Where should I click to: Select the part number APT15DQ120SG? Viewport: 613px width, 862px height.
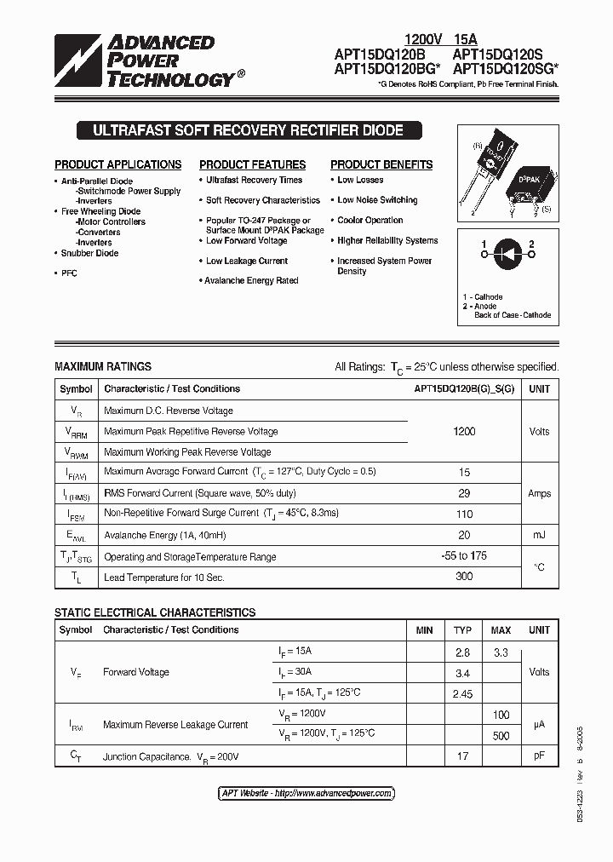pyautogui.click(x=505, y=68)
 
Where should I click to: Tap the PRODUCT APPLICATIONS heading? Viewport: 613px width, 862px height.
pyautogui.click(x=118, y=164)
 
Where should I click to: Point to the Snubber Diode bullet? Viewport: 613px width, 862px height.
pyautogui.click(x=89, y=253)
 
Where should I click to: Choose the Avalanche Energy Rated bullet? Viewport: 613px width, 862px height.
pyautogui.click(x=251, y=280)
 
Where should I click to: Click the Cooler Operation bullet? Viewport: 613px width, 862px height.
pyautogui.click(x=370, y=220)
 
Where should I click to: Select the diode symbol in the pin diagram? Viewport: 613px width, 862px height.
pyautogui.click(x=507, y=251)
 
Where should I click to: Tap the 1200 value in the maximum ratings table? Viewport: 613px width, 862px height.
pyautogui.click(x=464, y=431)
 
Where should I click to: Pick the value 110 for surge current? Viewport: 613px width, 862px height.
pyautogui.click(x=464, y=514)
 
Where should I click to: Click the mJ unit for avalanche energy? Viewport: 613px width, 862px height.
pyautogui.click(x=539, y=535)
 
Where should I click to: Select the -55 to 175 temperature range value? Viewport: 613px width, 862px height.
pyautogui.click(x=464, y=556)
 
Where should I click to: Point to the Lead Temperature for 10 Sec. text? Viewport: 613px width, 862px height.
pyautogui.click(x=164, y=578)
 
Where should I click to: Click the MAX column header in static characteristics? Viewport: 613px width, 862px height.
pyautogui.click(x=501, y=630)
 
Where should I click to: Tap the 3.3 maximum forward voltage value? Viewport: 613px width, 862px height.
pyautogui.click(x=501, y=652)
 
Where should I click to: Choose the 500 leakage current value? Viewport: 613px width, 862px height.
pyautogui.click(x=501, y=735)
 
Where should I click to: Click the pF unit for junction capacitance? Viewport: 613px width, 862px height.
pyautogui.click(x=539, y=756)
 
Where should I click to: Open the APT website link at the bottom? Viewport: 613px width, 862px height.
pyautogui.click(x=306, y=793)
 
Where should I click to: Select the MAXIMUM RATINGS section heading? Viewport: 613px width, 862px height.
pyautogui.click(x=103, y=366)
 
